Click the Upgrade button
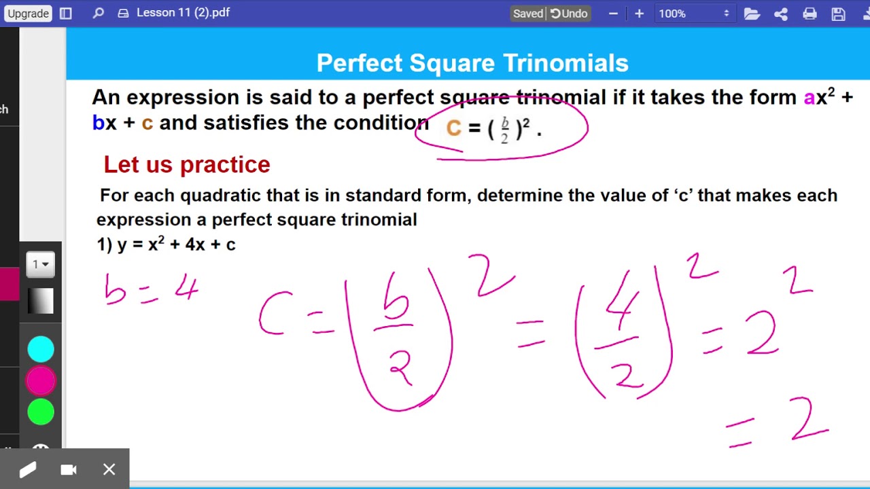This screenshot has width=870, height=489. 29,14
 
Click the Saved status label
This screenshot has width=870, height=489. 528,14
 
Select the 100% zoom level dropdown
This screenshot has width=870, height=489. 693,14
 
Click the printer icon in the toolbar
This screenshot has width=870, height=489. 810,14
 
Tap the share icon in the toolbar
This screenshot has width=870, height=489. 781,14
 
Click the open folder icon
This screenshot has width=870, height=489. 752,14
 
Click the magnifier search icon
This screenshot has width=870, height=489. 99,13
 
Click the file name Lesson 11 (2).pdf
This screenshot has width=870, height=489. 183,13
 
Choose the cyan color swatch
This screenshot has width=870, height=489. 41,349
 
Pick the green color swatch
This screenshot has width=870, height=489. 41,412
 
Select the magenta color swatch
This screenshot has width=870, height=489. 41,381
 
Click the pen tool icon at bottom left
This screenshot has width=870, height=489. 28,469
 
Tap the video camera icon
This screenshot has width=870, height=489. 69,469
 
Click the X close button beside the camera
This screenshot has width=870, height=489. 109,469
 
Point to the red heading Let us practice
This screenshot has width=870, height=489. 187,164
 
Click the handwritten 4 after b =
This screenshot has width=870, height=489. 186,289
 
